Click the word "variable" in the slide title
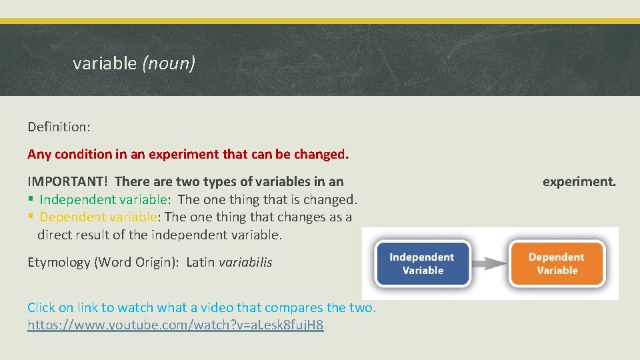pyautogui.click(x=104, y=63)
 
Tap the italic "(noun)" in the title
pyautogui.click(x=169, y=63)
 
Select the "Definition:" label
pyautogui.click(x=58, y=126)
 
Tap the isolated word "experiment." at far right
pyautogui.click(x=579, y=181)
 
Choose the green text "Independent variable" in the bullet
pyautogui.click(x=104, y=199)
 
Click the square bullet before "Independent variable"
pyautogui.click(x=31, y=199)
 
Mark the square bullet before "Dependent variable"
pyautogui.click(x=31, y=217)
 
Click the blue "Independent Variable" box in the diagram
pyautogui.click(x=421, y=263)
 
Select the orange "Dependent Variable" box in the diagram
pyautogui.click(x=557, y=263)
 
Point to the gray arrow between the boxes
pyautogui.click(x=490, y=263)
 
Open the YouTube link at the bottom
pyautogui.click(x=175, y=325)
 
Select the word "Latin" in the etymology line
pyautogui.click(x=200, y=262)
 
